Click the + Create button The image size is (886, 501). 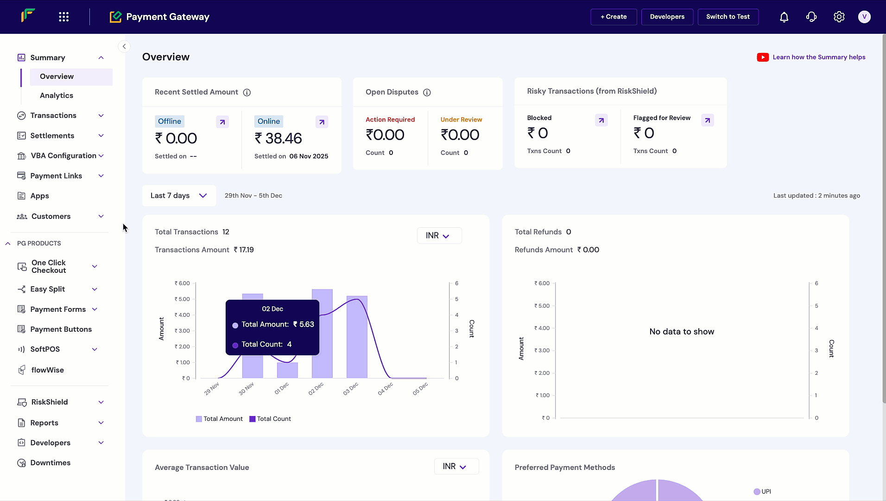[x=614, y=17]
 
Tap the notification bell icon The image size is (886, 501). [x=784, y=17]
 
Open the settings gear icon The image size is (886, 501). [x=839, y=17]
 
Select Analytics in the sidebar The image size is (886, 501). [x=57, y=96]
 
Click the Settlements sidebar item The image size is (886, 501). [x=52, y=135]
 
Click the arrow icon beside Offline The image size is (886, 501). [x=222, y=122]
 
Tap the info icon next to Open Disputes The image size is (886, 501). [x=427, y=92]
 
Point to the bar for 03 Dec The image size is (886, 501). [x=357, y=336]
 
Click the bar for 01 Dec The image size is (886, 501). [x=287, y=370]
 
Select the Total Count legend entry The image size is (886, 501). [x=270, y=419]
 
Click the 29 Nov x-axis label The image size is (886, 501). [x=211, y=389]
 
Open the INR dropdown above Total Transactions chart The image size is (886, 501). [x=439, y=236]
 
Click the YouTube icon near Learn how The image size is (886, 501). [x=763, y=57]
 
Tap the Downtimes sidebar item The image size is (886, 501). [x=51, y=463]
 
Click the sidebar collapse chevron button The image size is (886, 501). [x=124, y=46]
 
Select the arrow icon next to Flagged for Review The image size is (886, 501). [x=707, y=121]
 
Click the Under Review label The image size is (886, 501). [x=461, y=120]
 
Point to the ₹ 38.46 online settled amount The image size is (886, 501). [x=278, y=138]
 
